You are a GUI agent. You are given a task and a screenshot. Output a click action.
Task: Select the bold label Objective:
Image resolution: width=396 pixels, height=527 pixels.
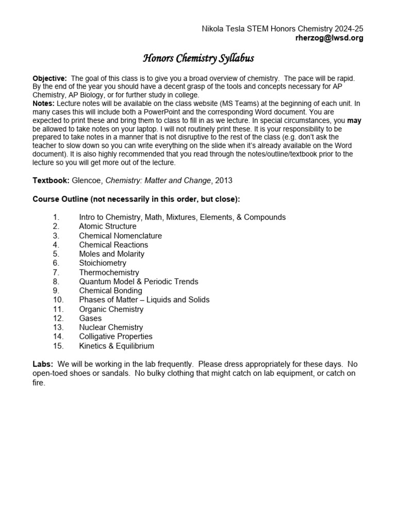50,78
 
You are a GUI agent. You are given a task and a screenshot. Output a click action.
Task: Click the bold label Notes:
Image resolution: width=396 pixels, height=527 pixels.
44,102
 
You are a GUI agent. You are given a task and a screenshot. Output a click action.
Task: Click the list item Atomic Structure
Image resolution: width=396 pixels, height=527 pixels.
107,226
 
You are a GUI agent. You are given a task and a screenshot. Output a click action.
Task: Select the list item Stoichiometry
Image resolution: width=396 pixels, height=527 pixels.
102,263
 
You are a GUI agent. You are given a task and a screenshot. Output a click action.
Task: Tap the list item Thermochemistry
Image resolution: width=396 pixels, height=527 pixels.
109,272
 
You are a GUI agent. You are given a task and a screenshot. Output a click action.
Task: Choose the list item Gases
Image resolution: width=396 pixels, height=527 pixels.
90,318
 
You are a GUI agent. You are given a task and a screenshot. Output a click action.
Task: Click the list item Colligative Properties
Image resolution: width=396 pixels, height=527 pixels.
115,337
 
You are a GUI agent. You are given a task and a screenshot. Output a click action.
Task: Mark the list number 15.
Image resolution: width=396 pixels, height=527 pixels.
58,346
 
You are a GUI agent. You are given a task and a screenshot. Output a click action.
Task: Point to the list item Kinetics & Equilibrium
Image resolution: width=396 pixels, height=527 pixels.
116,346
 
